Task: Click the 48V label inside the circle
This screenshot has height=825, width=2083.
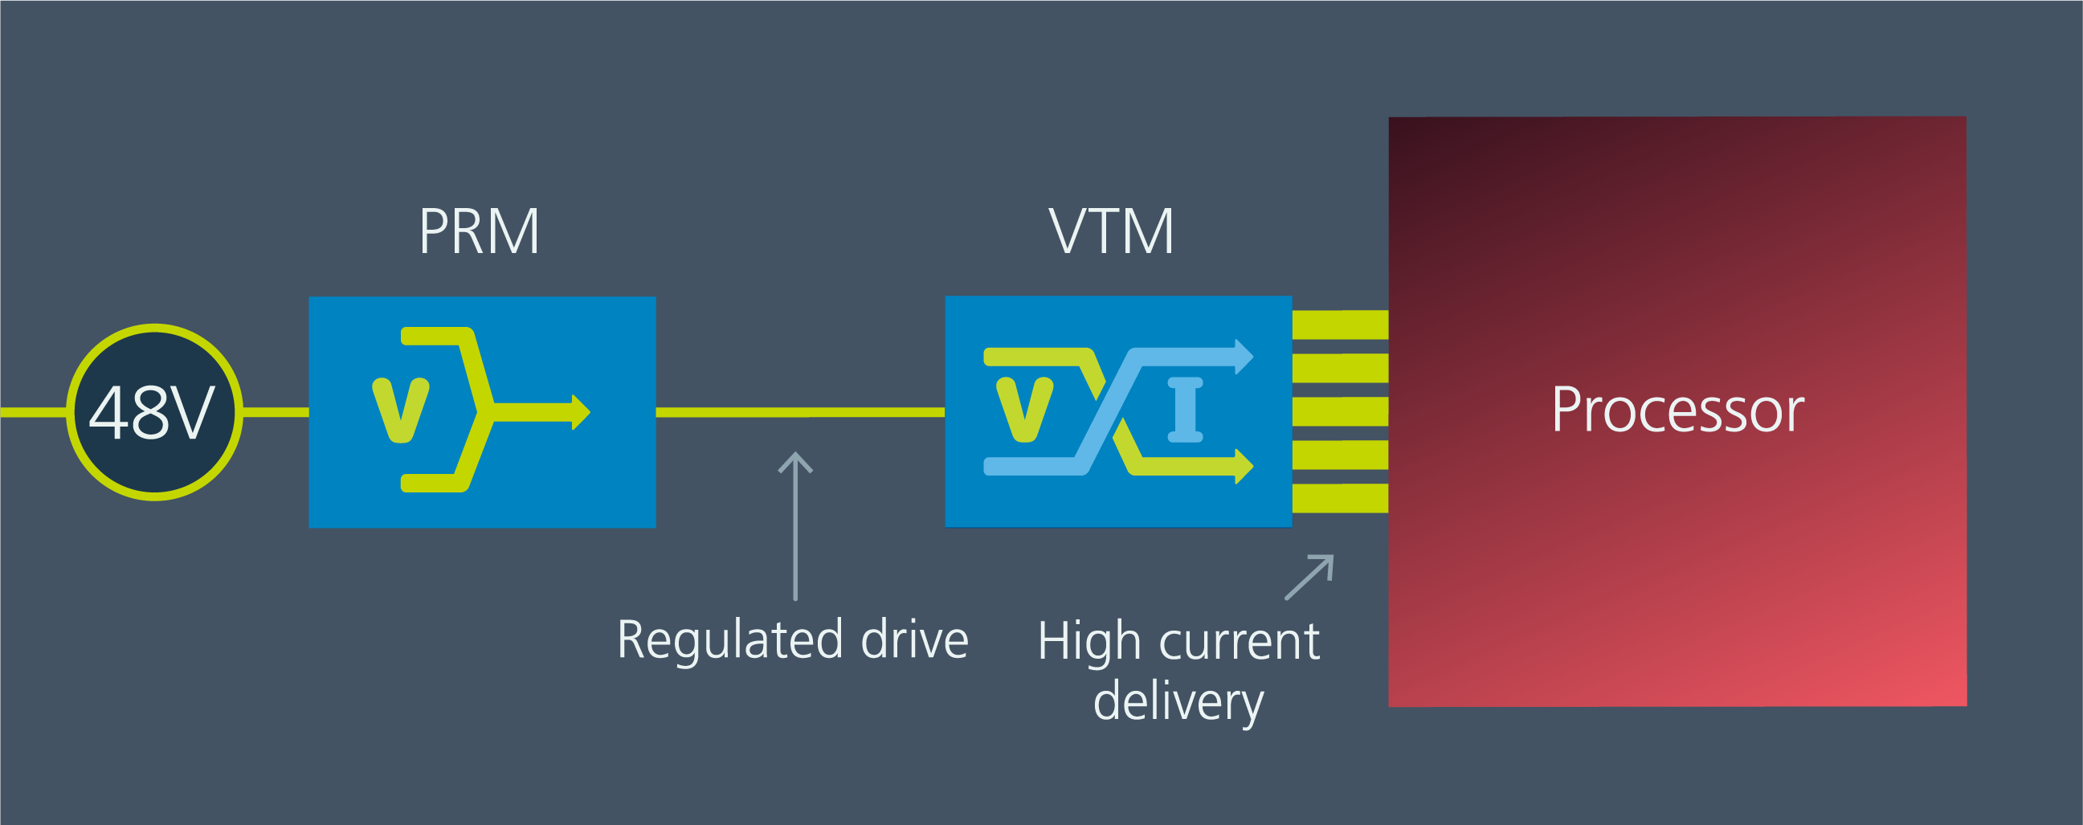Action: pos(152,413)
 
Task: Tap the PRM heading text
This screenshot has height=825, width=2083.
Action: pos(479,232)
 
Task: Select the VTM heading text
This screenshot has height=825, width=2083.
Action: pos(1111,232)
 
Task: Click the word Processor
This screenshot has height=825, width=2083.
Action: pos(1677,410)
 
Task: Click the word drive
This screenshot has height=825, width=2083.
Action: pos(914,640)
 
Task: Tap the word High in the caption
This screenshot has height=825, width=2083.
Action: pos(1089,642)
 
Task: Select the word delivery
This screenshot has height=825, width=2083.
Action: pos(1178,702)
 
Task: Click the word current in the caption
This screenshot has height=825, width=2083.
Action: pos(1239,642)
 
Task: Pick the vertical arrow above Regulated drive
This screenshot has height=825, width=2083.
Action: pos(795,525)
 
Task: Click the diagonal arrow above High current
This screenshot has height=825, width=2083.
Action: pos(1309,578)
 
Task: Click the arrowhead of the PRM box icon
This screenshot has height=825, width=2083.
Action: pos(581,413)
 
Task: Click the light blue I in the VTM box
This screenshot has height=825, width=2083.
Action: pos(1186,410)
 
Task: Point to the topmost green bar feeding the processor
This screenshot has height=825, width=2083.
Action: pos(1340,325)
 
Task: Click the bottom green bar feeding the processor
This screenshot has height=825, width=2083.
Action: pos(1340,498)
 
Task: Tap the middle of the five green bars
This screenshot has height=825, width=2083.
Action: pos(1340,411)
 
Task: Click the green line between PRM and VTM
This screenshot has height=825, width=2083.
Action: pos(800,413)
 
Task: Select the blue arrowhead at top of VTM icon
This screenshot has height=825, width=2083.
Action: pos(1244,357)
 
